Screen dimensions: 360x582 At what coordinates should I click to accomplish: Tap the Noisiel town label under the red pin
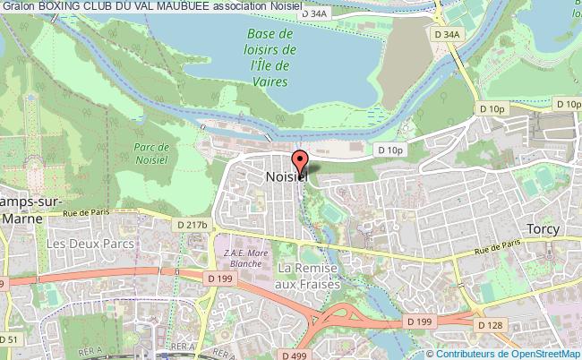click(287, 177)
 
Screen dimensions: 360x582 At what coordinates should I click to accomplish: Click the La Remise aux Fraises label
click(309, 276)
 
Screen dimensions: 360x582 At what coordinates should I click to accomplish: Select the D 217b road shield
click(192, 224)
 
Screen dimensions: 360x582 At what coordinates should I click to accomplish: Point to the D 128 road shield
click(491, 324)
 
